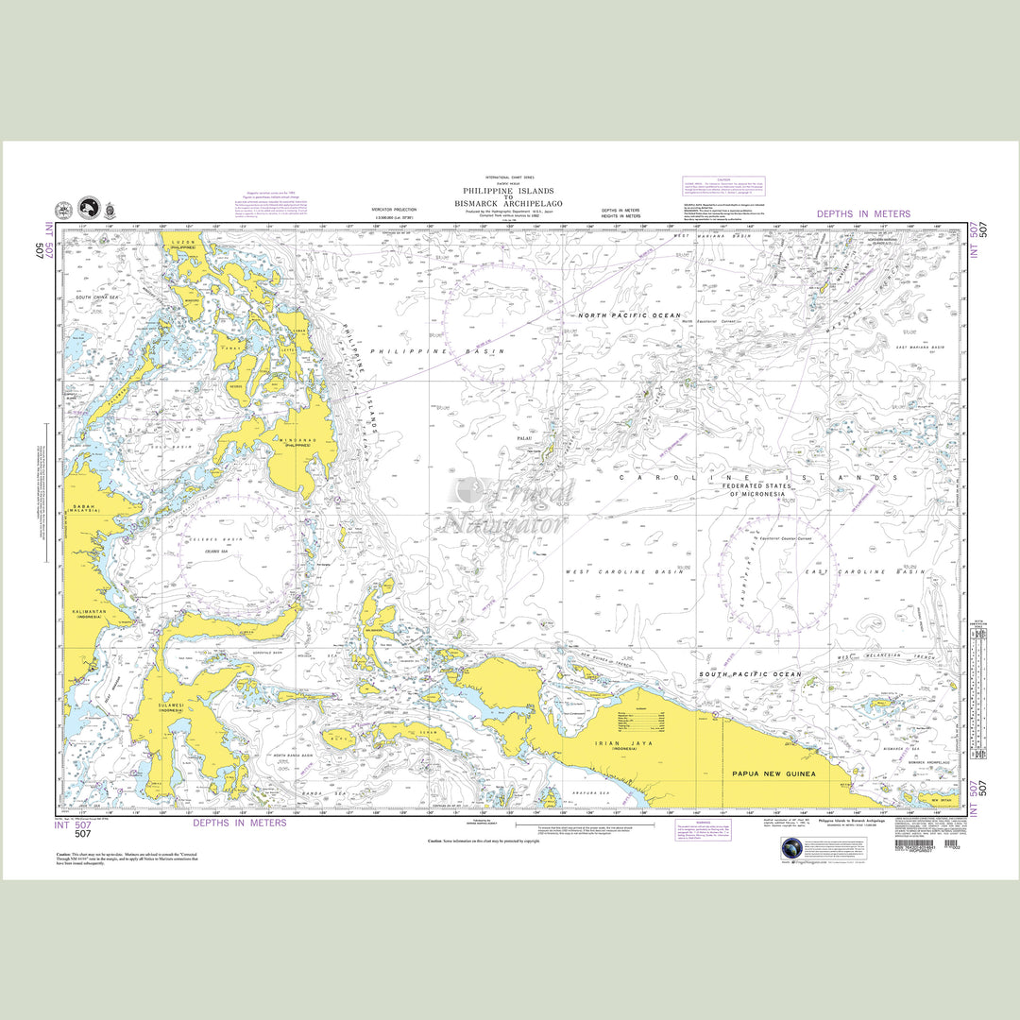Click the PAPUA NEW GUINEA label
click(773, 773)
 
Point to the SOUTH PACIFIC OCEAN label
click(750, 674)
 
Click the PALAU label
click(526, 439)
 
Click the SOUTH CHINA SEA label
click(96, 297)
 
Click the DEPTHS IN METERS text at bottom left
click(240, 823)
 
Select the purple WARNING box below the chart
click(706, 831)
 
